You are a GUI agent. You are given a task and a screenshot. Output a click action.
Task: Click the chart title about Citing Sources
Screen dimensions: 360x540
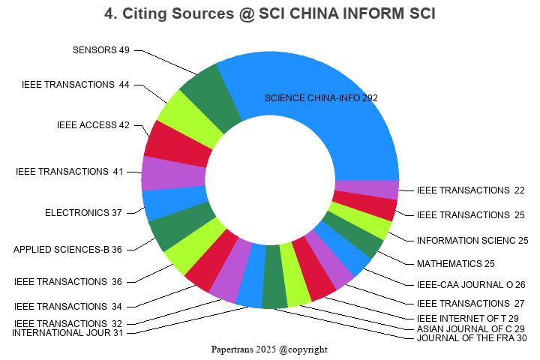270,13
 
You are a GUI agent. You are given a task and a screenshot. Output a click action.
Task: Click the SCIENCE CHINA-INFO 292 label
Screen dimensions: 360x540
321,98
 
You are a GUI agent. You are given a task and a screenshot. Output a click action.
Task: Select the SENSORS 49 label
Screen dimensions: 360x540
101,50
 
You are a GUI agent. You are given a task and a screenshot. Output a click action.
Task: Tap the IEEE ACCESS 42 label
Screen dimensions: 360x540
93,125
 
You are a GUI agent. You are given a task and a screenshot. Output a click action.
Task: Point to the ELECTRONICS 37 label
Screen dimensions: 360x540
83,213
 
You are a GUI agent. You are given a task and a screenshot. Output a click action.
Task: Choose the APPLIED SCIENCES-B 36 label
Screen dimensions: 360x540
67,250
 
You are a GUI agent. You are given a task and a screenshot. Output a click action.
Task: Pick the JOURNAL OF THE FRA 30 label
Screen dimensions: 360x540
472,338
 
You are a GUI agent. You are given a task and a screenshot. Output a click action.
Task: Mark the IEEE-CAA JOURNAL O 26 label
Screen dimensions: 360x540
471,285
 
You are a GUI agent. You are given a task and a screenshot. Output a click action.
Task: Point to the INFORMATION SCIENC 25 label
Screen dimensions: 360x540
472,241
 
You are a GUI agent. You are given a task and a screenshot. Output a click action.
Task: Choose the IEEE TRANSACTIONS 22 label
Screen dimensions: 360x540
471,190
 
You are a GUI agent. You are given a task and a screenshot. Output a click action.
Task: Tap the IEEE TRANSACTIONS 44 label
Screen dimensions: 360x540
76,85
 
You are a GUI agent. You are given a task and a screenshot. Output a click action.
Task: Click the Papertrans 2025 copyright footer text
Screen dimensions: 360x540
269,349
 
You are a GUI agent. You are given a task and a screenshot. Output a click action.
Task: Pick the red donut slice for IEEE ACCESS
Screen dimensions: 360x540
177,143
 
